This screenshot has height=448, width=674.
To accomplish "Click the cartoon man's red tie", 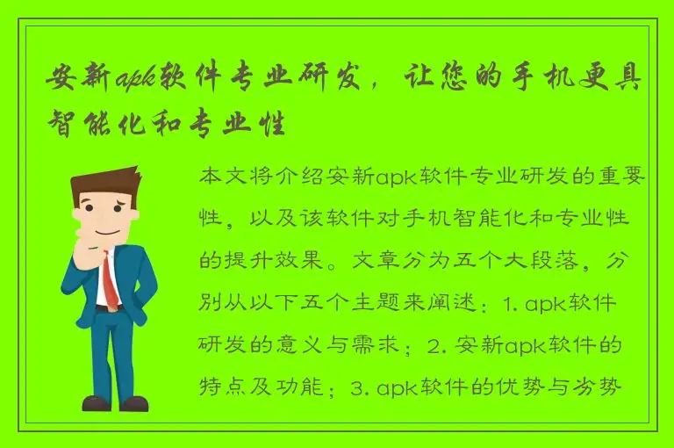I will click(109, 277).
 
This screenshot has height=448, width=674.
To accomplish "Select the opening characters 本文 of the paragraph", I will click(223, 178).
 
